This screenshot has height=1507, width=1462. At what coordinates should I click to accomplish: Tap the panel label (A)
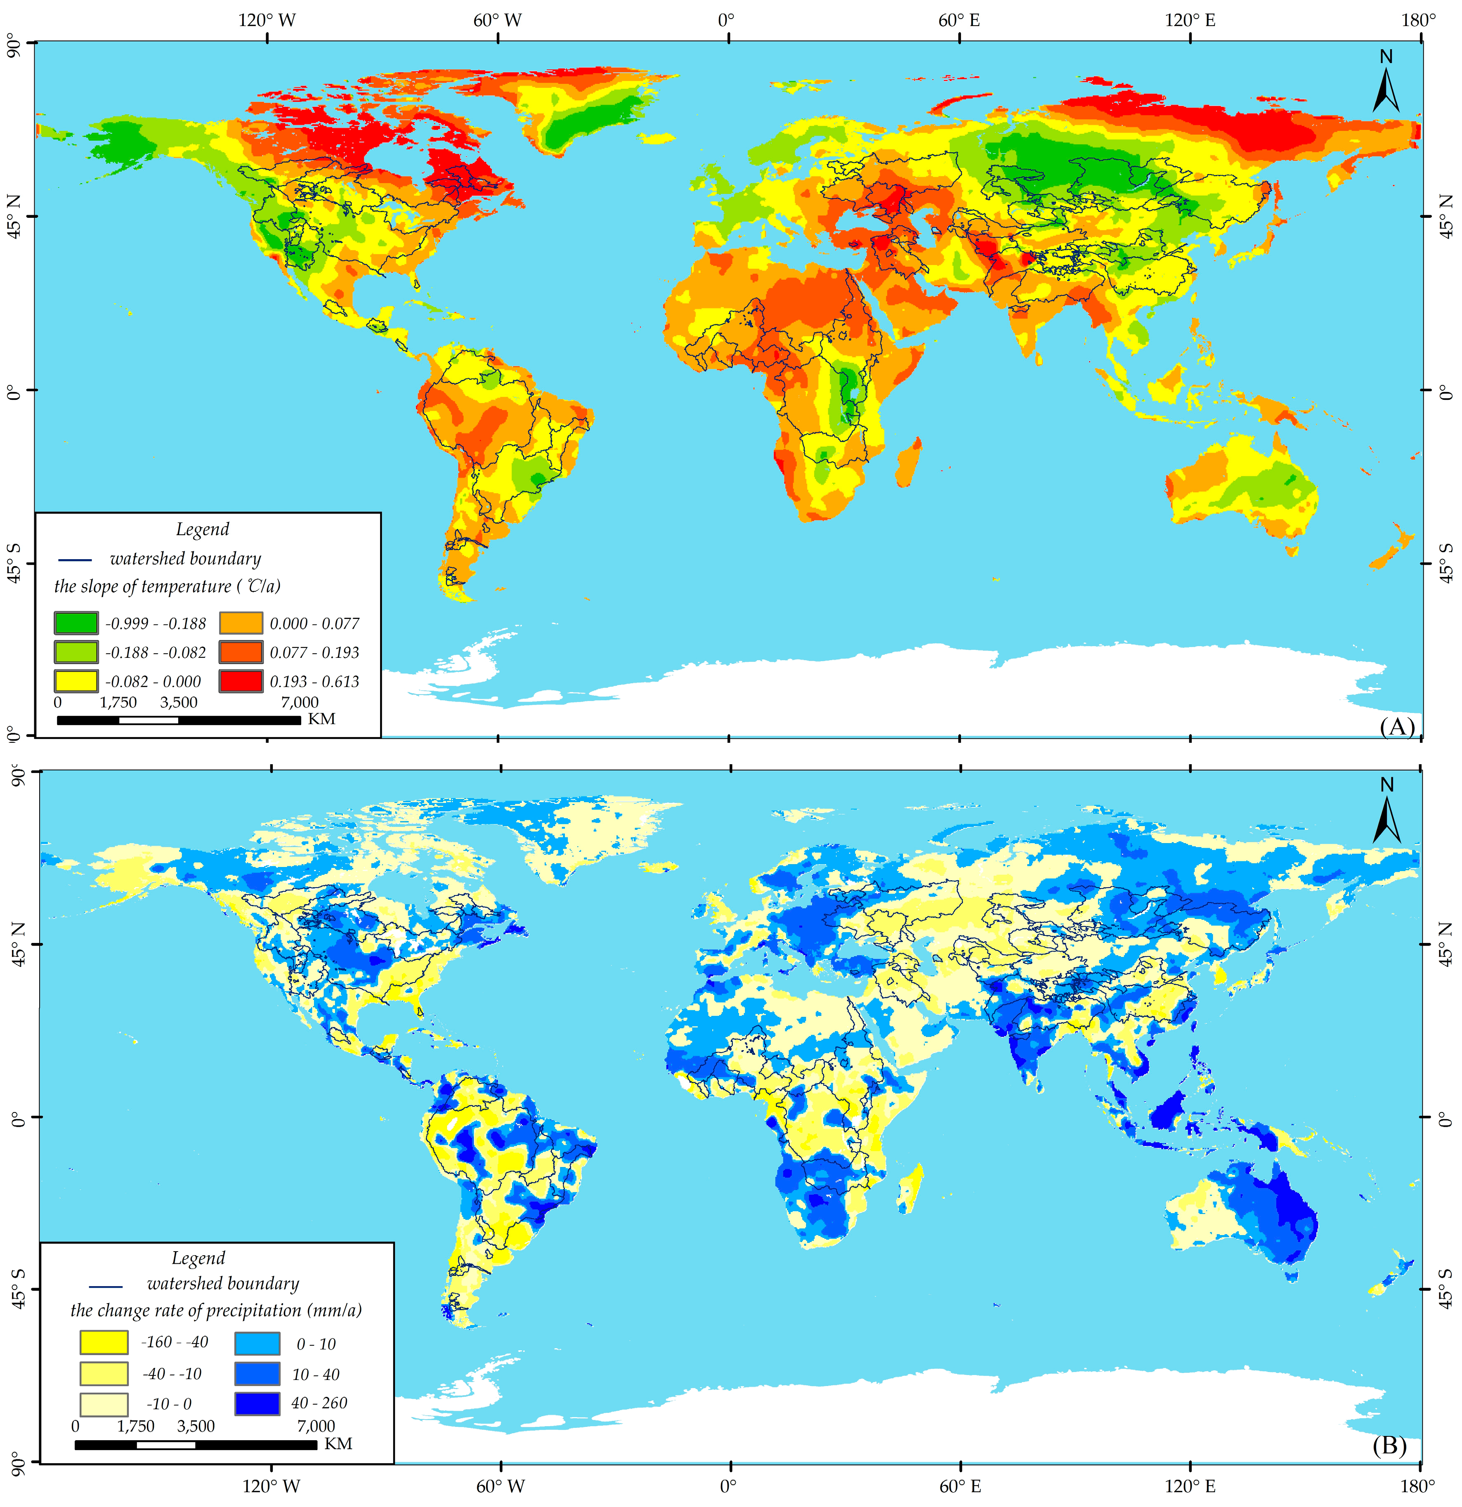point(1397,727)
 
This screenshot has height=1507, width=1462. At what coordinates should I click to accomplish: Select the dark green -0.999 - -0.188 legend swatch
point(76,623)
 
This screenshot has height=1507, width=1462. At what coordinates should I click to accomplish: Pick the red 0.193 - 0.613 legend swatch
point(241,681)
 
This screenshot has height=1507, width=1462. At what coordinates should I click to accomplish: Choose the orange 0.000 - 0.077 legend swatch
point(241,623)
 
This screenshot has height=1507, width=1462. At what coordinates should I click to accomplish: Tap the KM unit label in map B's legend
point(338,1444)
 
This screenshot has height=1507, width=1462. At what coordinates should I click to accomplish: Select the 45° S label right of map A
point(1447,563)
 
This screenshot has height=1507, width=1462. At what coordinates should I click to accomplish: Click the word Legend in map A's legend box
point(202,529)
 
